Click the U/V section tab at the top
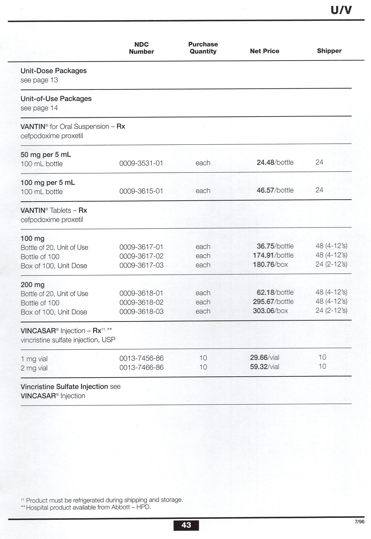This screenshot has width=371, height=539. tap(341, 10)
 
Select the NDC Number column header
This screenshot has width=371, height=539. tap(141, 48)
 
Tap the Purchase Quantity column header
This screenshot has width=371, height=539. tap(203, 48)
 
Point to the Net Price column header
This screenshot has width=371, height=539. tap(265, 51)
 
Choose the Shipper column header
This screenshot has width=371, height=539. tap(329, 51)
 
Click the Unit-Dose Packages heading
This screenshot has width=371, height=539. tap(53, 71)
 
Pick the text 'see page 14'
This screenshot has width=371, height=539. tap(39, 108)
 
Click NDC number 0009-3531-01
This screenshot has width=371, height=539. tap(141, 163)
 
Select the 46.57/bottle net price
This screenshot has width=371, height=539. tap(275, 190)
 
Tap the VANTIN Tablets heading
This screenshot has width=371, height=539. tap(54, 210)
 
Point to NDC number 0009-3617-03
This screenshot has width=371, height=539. tap(141, 265)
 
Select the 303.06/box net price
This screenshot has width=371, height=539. tap(270, 311)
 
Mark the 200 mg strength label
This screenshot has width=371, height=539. tap(33, 285)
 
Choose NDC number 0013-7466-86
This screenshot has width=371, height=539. tap(141, 367)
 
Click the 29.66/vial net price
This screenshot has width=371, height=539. tap(265, 357)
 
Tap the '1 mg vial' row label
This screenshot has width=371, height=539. tap(34, 359)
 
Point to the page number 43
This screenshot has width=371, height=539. tap(186, 525)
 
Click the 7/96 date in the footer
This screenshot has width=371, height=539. tap(359, 521)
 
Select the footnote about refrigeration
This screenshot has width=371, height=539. tap(102, 500)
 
